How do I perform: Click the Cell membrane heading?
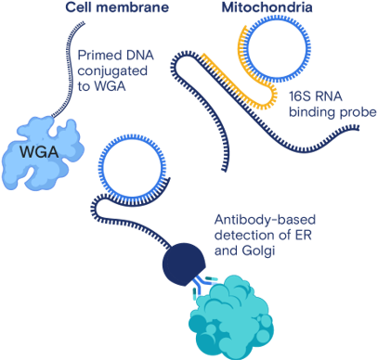(x=117, y=7)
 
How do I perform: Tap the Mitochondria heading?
(x=267, y=7)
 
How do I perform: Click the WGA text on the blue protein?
(x=39, y=152)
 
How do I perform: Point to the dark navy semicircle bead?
(x=184, y=264)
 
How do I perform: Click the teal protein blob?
(x=231, y=318)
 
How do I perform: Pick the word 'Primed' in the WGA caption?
(x=96, y=56)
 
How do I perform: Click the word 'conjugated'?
(x=112, y=71)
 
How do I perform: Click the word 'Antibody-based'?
(x=265, y=220)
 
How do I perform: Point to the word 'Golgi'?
(x=258, y=251)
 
